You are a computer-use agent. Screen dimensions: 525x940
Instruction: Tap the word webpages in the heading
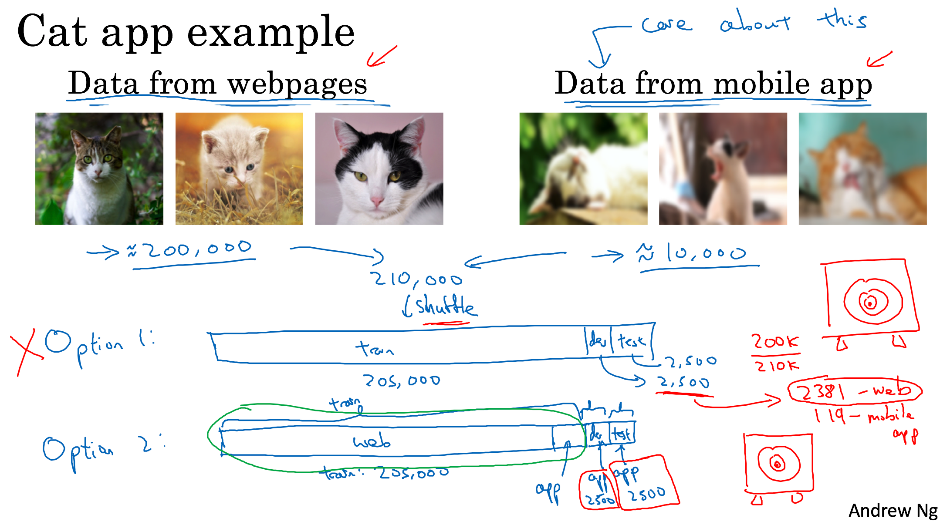tap(298, 84)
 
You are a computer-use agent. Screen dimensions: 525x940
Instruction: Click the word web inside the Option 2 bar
tap(372, 441)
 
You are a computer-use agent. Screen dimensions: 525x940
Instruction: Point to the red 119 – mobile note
tap(865, 416)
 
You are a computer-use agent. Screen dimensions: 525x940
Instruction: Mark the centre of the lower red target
tap(778, 464)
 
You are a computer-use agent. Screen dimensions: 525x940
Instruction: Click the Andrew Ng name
tap(893, 510)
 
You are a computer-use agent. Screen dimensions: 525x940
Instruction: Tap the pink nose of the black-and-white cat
tap(377, 201)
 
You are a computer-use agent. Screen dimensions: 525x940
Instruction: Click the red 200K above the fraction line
tap(775, 342)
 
